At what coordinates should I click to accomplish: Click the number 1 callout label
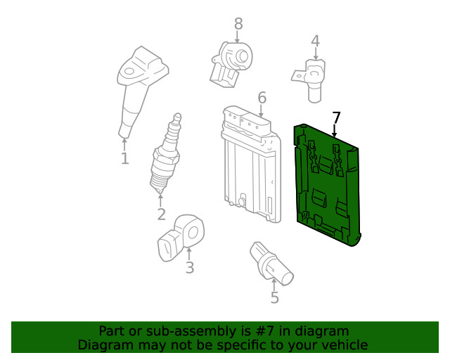pos(124,158)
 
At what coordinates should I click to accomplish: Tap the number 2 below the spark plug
pos(161,214)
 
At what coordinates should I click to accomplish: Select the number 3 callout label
pos(190,268)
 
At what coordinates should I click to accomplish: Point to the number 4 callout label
pos(316,41)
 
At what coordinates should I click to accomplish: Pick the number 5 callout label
pos(275,297)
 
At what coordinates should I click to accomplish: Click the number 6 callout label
pos(262,98)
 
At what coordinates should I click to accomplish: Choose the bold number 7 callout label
pos(336,118)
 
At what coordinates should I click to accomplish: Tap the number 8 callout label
pos(238,24)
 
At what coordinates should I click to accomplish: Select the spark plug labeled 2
pos(166,153)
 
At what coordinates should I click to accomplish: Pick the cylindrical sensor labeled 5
pos(271,264)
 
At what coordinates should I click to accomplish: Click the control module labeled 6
pos(252,165)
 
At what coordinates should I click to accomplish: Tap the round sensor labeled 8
pos(232,65)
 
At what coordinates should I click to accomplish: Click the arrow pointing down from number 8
pos(238,37)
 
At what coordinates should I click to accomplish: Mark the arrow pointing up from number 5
pos(274,285)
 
